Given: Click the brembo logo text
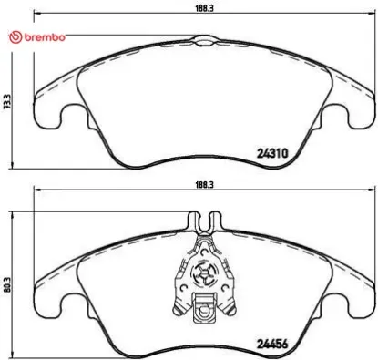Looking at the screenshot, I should click(x=42, y=37).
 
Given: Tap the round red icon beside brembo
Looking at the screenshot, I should click(x=12, y=37).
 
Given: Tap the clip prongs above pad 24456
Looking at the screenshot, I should click(x=204, y=221).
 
